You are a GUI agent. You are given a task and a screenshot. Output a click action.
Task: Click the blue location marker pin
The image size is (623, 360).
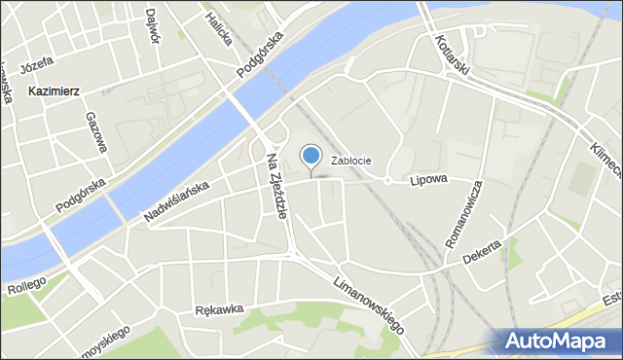pos(311,156)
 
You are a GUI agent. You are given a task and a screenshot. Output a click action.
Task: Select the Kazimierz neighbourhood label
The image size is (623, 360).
pos(54,90)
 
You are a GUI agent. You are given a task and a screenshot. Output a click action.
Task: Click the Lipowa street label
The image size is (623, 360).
pos(427,180)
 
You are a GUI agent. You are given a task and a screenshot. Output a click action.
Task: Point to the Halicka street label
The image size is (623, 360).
pos(218,26)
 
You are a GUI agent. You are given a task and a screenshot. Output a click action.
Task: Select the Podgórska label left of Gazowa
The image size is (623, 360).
pos(81,194)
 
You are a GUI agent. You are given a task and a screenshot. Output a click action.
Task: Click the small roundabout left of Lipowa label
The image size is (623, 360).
pos(386,180)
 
